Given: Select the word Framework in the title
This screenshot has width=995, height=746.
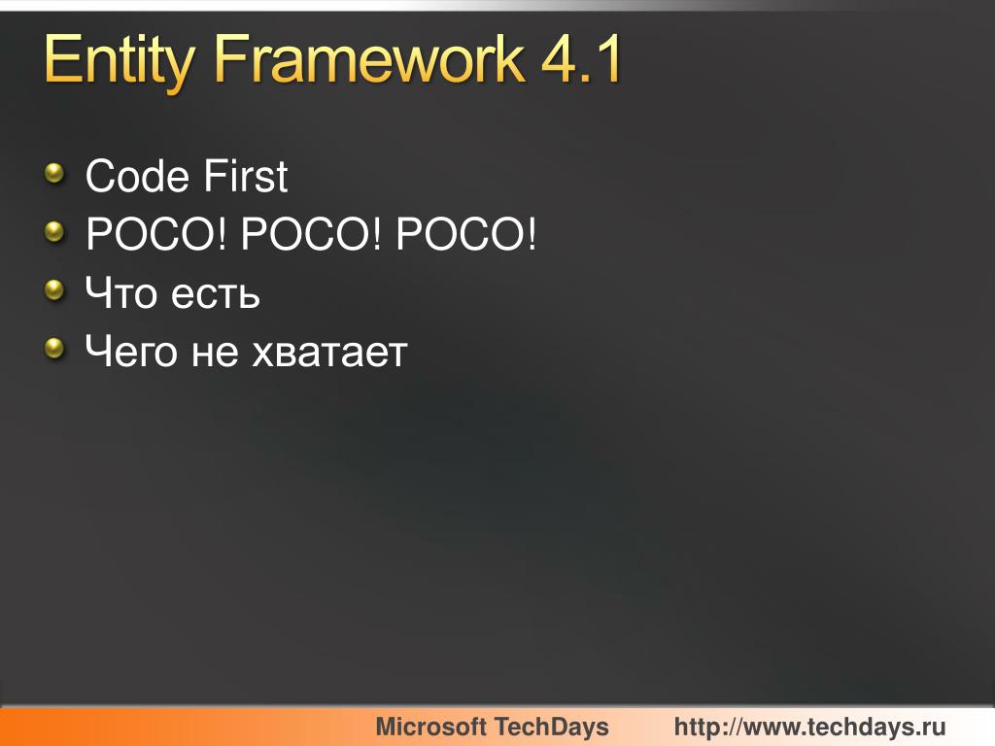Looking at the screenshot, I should (367, 60).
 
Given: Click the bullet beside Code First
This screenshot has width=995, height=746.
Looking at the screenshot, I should (56, 174).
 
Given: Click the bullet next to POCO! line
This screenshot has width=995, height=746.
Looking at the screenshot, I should (56, 232).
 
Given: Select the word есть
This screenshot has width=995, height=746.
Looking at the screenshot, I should (216, 294).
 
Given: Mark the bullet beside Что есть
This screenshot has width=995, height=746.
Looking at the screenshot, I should (56, 290).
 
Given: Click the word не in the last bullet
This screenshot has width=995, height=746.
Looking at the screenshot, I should (215, 353).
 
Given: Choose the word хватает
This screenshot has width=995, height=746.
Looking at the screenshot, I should (329, 353).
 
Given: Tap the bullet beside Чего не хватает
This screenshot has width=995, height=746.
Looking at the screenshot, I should (56, 349).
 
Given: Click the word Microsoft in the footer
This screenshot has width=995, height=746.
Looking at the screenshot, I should (430, 727).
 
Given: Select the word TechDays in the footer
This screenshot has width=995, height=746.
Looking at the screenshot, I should (552, 727).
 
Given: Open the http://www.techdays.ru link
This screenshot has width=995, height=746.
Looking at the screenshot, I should (809, 727).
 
